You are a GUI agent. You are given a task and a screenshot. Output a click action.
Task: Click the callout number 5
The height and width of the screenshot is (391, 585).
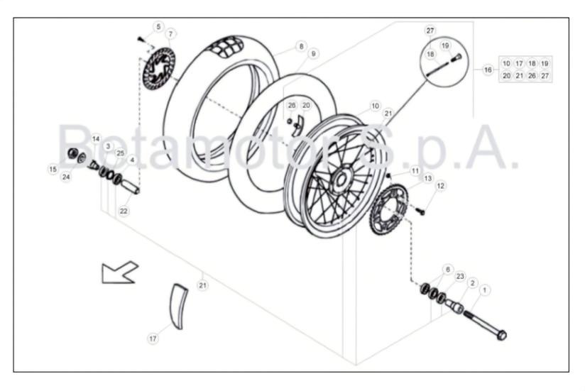tap(158, 27)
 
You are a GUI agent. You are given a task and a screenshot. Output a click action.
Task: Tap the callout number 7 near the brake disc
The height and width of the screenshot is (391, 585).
tap(170, 34)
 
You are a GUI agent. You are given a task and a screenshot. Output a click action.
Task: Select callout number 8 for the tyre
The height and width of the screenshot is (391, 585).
tap(301, 46)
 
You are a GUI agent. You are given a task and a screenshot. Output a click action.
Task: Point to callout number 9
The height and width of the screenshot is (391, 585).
tap(313, 54)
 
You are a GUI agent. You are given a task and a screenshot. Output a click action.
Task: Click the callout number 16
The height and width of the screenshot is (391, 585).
tap(488, 70)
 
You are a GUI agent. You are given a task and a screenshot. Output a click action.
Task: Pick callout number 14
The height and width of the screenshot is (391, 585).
tap(96, 139)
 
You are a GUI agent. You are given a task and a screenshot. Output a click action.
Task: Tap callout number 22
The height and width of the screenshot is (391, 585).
tap(124, 211)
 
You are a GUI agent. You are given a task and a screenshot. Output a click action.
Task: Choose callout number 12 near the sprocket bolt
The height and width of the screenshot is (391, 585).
tap(441, 186)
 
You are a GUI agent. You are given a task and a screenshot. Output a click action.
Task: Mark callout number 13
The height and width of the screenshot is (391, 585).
tap(427, 178)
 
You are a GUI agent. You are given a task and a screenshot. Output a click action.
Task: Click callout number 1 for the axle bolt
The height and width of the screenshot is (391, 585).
tap(484, 290)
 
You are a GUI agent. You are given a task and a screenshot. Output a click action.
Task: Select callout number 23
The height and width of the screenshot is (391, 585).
tap(460, 276)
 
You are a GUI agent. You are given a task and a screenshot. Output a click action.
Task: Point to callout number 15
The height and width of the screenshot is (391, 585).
tap(53, 169)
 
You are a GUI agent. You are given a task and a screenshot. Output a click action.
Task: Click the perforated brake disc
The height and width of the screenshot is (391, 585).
tap(159, 70)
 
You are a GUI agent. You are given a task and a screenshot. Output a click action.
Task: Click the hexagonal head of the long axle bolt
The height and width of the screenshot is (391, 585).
tap(501, 334)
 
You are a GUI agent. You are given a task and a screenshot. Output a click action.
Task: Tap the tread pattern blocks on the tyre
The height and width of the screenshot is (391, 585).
tap(226, 48)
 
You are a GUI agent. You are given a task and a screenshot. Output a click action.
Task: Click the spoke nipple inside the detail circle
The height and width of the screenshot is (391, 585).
tap(456, 57)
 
